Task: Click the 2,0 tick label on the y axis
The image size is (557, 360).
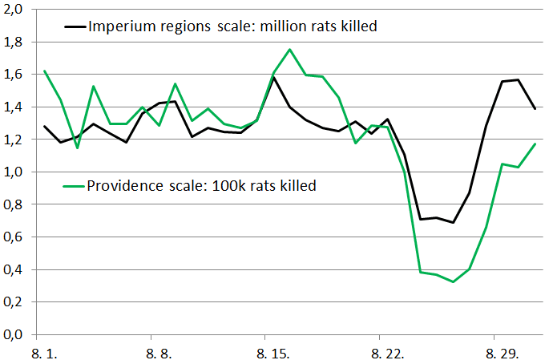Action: point(15,9)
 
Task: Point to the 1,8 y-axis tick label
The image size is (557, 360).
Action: point(15,42)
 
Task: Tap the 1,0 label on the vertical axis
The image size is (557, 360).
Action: point(15,172)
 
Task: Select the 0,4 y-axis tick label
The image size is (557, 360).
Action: point(15,269)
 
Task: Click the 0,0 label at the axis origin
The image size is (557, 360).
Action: point(15,334)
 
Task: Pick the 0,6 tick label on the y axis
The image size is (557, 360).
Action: point(15,237)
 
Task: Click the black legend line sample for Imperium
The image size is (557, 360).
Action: point(76,26)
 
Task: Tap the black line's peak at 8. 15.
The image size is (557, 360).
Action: point(273,77)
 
